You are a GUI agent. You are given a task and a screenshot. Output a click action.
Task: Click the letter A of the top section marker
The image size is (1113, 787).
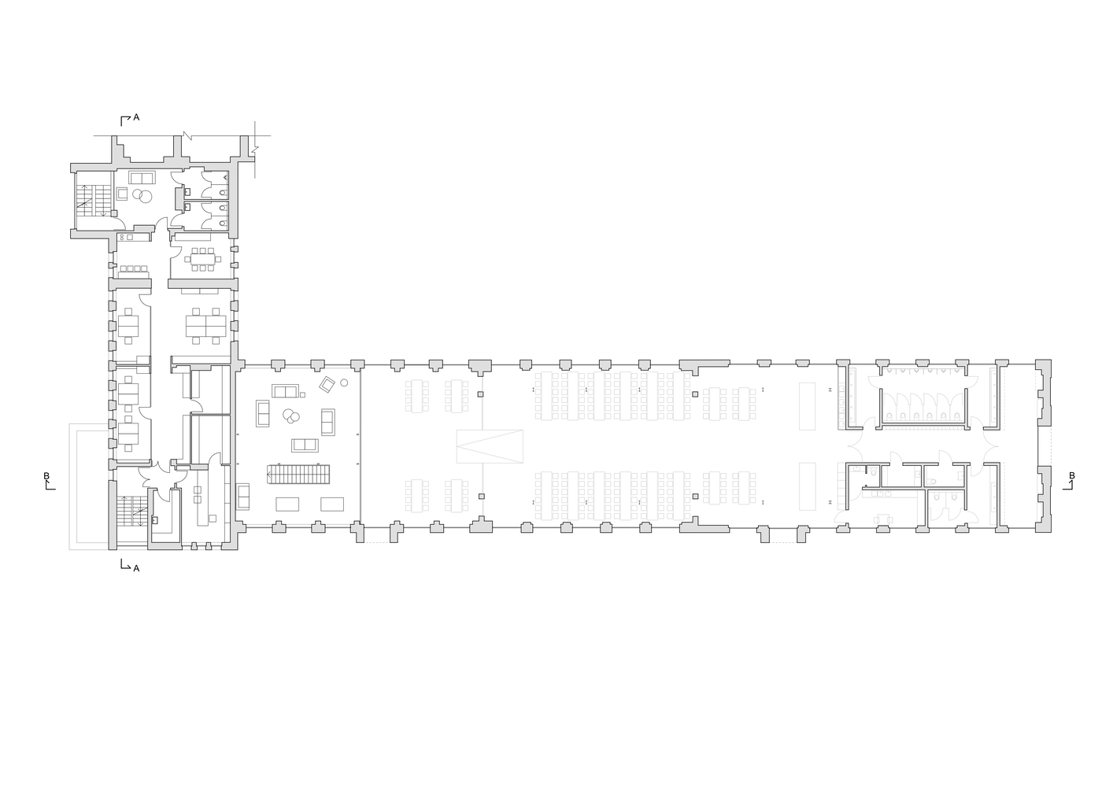136,117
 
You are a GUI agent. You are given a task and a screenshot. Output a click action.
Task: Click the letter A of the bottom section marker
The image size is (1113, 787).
136,569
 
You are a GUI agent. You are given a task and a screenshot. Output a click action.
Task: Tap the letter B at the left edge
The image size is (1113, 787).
46,476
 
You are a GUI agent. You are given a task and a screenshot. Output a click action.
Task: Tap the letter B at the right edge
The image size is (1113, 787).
1072,476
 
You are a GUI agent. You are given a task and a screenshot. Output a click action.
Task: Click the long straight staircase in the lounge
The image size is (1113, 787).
299,474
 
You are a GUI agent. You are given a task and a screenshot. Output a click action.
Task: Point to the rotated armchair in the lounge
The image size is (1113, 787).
327,384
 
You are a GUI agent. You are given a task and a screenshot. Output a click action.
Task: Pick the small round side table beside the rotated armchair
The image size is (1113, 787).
343,382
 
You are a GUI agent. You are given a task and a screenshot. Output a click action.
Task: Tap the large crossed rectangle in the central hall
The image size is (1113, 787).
490,447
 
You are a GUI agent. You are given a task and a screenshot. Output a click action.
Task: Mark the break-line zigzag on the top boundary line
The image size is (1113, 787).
187,135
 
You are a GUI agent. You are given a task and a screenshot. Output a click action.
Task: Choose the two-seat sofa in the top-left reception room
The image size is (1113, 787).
142,178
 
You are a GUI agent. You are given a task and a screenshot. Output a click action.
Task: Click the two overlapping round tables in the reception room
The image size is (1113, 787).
142,196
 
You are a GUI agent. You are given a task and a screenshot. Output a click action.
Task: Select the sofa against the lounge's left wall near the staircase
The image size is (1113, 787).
243,497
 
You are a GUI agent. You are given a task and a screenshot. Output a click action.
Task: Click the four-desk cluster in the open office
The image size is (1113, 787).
205,326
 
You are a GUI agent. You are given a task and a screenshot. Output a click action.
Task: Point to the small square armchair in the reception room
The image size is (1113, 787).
122,194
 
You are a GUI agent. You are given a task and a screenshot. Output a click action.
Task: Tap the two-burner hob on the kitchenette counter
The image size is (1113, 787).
122,237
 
